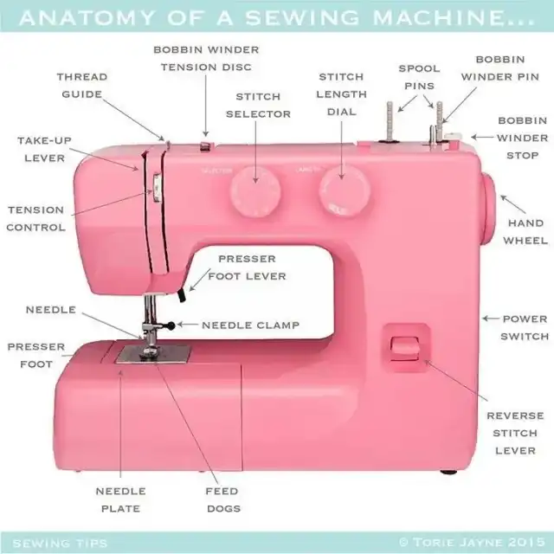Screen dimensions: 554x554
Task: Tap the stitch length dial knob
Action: (x=342, y=190)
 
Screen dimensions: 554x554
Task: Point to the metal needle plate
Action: (x=154, y=353)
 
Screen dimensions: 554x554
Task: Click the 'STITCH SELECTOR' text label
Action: (x=257, y=105)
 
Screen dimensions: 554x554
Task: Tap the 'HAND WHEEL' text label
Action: (x=525, y=231)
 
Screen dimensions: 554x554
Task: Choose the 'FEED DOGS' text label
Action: (x=223, y=499)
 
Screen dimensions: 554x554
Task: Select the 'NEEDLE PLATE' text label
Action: (x=119, y=499)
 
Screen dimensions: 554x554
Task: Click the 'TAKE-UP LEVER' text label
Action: (x=44, y=149)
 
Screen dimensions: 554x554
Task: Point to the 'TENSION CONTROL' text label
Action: (x=35, y=218)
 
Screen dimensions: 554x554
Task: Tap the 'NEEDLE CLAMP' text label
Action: (x=251, y=325)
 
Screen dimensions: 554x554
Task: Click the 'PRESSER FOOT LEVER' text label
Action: (x=247, y=267)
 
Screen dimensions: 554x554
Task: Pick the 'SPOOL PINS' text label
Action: (x=419, y=77)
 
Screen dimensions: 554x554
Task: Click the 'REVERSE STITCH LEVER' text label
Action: (x=516, y=433)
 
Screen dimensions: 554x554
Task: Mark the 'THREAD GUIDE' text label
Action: (x=82, y=86)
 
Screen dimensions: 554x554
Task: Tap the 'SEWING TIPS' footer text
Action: (x=60, y=544)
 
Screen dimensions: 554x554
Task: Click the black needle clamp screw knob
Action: (x=171, y=325)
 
